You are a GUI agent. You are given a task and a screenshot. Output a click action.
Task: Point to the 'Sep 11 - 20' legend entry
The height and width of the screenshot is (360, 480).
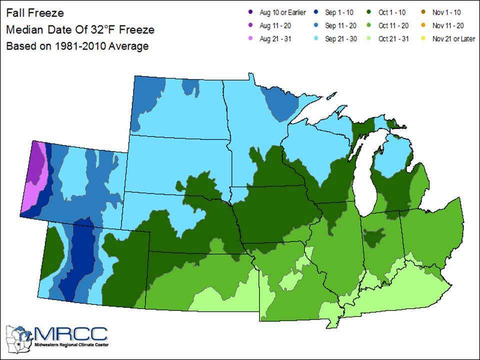[341, 25]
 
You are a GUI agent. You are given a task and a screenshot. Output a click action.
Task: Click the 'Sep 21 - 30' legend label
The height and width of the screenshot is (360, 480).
[341, 38]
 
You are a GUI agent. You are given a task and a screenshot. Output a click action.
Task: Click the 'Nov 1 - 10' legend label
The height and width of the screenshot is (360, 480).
[447, 12]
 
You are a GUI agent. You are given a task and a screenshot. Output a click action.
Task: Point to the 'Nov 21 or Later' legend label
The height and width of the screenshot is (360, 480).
[453, 38]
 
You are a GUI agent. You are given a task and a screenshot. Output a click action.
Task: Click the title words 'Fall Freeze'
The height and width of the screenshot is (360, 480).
[35, 12]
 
